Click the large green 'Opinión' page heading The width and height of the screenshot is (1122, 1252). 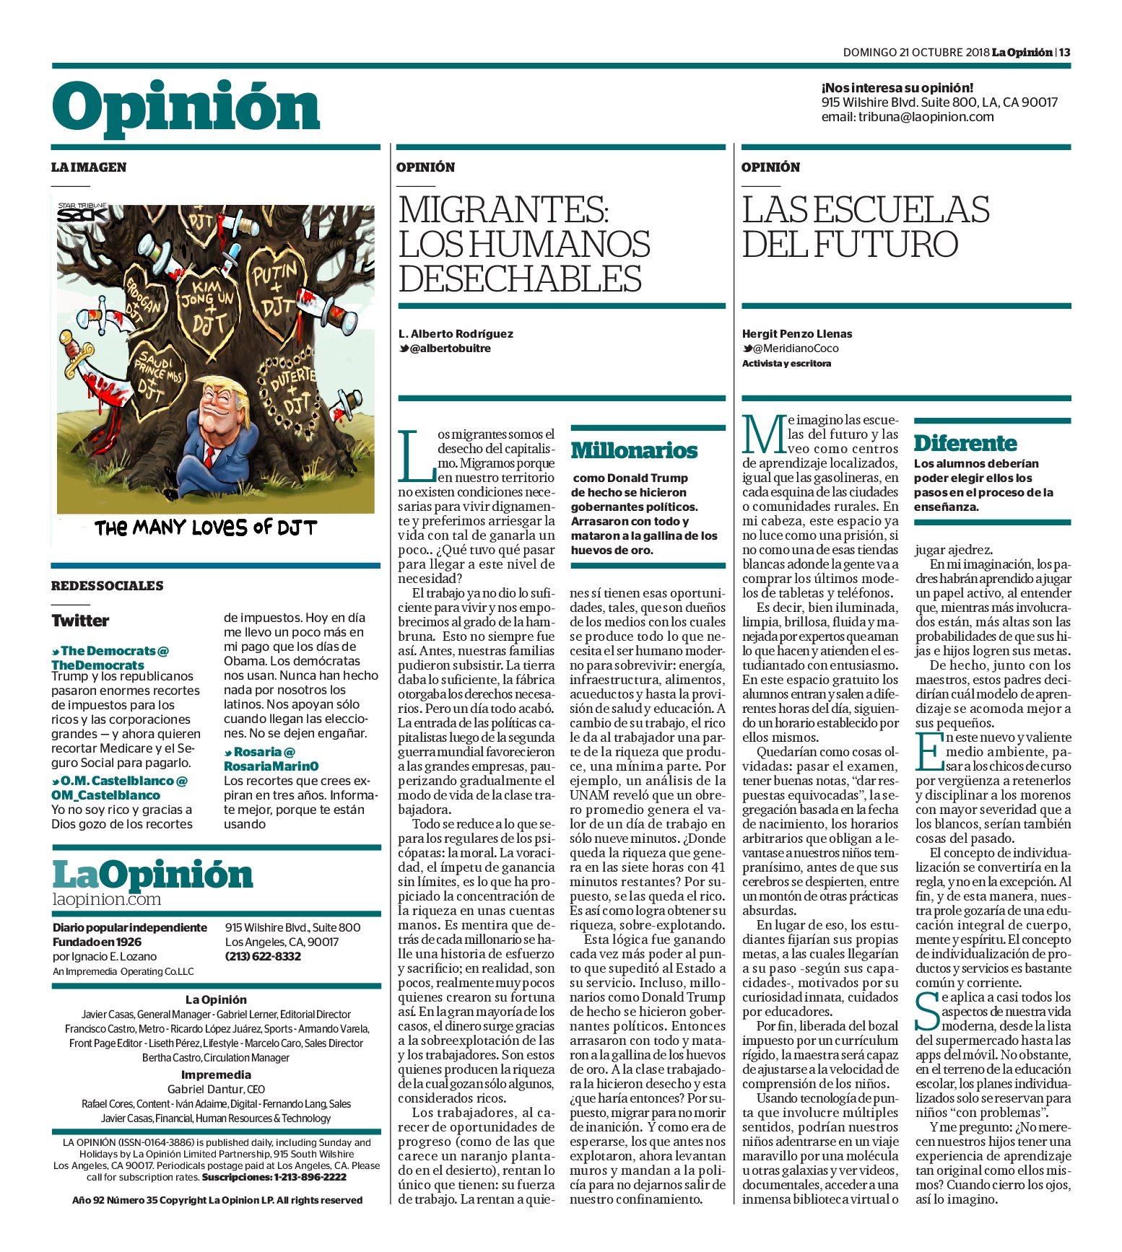tap(186, 108)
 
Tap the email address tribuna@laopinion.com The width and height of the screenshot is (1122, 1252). tap(926, 117)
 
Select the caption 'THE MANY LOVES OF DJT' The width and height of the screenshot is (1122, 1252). tap(206, 527)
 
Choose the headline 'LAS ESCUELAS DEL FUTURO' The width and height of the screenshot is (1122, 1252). tap(865, 227)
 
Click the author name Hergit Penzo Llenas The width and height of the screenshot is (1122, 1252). tap(797, 334)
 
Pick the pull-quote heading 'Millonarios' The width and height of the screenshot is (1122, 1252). tap(634, 451)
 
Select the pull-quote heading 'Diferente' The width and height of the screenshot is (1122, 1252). tap(965, 443)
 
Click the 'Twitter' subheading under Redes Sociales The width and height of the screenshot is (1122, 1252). tap(80, 621)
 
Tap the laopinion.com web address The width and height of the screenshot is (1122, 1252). tap(107, 899)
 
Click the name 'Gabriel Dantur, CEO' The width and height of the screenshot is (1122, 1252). tap(216, 1089)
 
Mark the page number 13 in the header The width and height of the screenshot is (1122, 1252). tap(1065, 52)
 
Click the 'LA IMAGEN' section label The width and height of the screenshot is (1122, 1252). tap(88, 167)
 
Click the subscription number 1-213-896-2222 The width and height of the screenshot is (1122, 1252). tap(310, 1177)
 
